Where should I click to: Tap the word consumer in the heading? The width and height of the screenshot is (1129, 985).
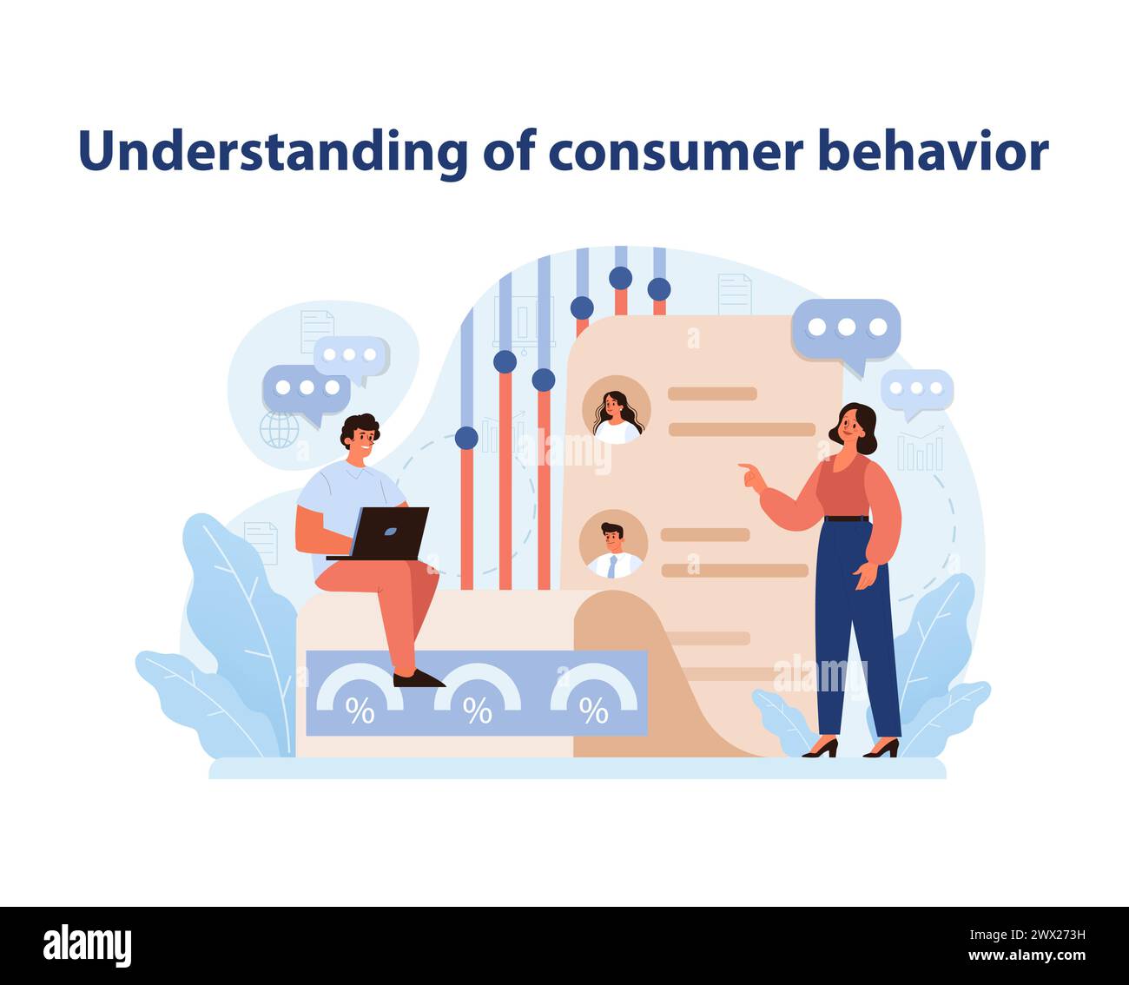pos(675,153)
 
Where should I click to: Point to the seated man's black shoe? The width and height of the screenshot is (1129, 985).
pos(418,678)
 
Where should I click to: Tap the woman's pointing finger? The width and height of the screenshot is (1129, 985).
pos(744,467)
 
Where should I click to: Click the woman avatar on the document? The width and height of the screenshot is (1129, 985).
pos(617,410)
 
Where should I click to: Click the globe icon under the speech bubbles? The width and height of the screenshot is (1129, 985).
pos(279,429)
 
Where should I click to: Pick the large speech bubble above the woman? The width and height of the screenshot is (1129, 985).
pos(846,329)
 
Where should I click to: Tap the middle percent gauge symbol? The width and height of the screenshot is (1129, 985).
pos(477,711)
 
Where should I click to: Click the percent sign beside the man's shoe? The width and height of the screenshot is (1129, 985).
pos(360,711)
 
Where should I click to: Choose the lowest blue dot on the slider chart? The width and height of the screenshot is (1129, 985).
pos(466,438)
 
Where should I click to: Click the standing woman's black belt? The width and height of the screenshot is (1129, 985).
pos(846,519)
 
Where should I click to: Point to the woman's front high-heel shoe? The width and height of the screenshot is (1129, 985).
pos(820,748)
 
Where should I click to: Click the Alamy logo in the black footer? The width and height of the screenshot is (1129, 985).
pos(88,946)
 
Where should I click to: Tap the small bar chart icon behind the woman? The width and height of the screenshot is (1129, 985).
pos(920,451)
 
